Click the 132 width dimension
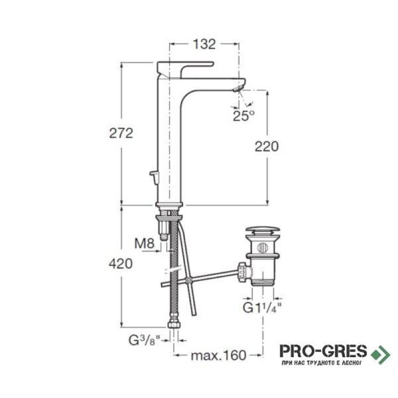(204, 44)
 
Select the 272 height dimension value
(121, 133)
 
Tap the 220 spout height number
(267, 146)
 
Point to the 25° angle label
(243, 116)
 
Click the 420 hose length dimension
(121, 264)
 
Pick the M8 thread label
(144, 243)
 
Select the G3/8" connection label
(145, 340)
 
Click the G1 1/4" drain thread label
(263, 308)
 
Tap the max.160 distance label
(218, 355)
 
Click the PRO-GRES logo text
(323, 351)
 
